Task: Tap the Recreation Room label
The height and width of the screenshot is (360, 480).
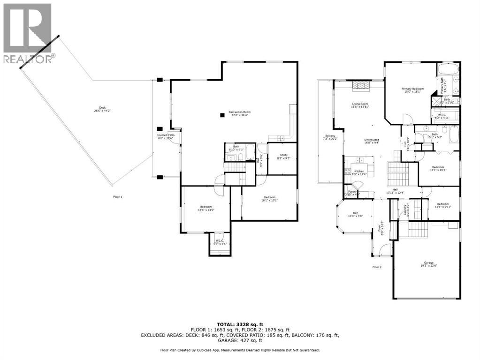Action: pyautogui.click(x=239, y=113)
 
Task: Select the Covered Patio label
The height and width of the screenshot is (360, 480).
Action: pyautogui.click(x=165, y=136)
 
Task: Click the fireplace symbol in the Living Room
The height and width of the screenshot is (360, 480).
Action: pyautogui.click(x=361, y=85)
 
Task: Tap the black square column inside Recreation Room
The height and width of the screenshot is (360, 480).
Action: pyautogui.click(x=222, y=114)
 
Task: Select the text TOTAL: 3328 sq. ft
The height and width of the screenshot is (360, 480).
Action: pyautogui.click(x=240, y=324)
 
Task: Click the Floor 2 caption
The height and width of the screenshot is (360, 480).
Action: pyautogui.click(x=377, y=267)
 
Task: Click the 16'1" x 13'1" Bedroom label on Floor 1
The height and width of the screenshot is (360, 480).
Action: pyautogui.click(x=270, y=198)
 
